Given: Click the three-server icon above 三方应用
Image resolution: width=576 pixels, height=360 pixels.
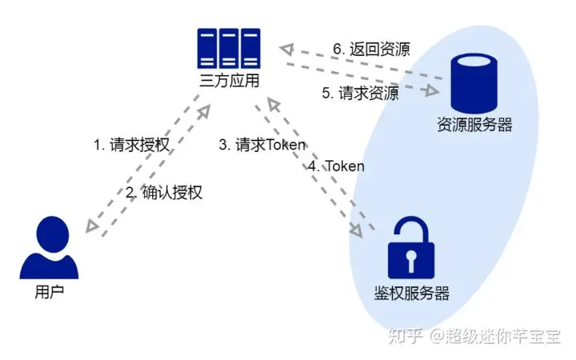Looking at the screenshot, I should click(x=230, y=48).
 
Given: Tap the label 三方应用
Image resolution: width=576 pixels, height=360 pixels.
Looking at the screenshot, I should click(x=230, y=82).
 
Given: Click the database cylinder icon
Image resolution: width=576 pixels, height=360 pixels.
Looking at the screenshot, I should click(x=474, y=82).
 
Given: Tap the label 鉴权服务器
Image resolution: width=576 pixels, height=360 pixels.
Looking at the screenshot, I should click(x=411, y=293).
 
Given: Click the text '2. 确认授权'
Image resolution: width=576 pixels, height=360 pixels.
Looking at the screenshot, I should click(x=165, y=192).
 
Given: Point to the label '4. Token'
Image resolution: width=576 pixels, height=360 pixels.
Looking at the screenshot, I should click(x=336, y=166).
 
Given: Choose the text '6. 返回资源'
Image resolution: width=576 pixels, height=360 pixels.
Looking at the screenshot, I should click(x=371, y=50).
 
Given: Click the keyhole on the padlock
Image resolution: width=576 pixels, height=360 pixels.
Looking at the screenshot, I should click(x=410, y=260).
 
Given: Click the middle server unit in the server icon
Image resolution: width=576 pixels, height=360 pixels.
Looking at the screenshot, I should click(x=230, y=48).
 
